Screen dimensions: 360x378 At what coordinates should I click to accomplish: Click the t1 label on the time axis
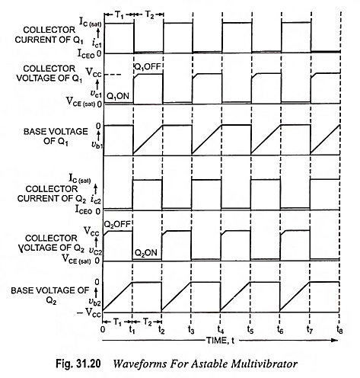point(132,329)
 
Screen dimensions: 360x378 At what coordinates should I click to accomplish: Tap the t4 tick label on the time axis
point(220,329)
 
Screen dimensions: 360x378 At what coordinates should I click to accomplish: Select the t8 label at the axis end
point(339,329)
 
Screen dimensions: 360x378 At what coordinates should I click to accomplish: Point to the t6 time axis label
point(280,329)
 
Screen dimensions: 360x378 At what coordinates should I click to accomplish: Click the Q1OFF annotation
point(148,67)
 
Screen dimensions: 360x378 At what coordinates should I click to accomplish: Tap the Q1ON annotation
point(118,96)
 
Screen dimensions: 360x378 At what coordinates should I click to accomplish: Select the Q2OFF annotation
point(117,224)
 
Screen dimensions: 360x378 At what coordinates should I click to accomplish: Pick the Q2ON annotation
point(145,253)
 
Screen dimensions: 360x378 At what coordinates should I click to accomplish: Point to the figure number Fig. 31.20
point(78,364)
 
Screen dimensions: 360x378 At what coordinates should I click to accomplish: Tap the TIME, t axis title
point(220,340)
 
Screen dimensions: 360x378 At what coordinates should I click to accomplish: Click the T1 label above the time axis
point(117,322)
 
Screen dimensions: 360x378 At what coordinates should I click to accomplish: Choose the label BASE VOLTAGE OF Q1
point(56,136)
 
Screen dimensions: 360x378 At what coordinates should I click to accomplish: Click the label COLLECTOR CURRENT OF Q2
point(52,194)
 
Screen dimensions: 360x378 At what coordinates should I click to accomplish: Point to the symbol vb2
point(95,302)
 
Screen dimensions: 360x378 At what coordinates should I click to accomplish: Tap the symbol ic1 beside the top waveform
point(97,44)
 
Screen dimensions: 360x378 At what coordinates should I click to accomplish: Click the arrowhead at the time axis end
point(336,340)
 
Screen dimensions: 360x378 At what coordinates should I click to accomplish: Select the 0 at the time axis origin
point(103,329)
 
